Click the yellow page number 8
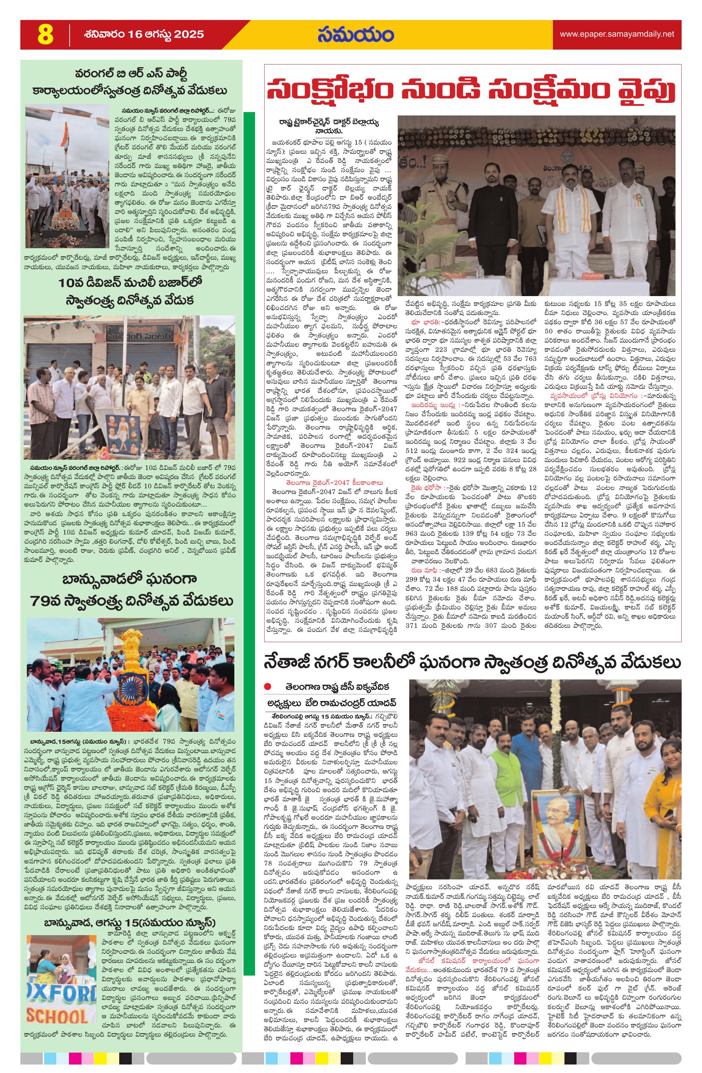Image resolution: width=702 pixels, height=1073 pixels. pyautogui.click(x=45, y=35)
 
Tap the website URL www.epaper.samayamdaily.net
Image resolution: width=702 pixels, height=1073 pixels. pyautogui.click(x=617, y=34)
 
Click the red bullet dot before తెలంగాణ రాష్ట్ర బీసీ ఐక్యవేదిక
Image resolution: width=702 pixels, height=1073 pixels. pyautogui.click(x=268, y=687)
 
